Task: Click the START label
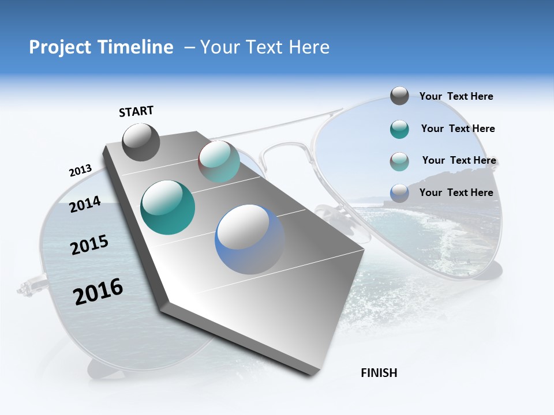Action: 136,111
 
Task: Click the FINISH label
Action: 379,373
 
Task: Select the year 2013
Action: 81,171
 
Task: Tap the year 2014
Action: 85,203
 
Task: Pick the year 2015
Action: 89,245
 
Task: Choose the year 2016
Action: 98,292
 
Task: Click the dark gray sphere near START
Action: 141,142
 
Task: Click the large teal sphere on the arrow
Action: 168,207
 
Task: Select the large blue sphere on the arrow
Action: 250,239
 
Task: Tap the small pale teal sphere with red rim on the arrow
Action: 219,161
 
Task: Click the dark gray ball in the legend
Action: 399,96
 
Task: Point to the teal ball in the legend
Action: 399,129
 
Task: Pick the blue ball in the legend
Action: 399,193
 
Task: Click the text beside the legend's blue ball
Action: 456,193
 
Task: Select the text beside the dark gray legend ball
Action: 456,96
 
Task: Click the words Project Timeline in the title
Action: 101,47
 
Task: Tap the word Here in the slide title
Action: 309,47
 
